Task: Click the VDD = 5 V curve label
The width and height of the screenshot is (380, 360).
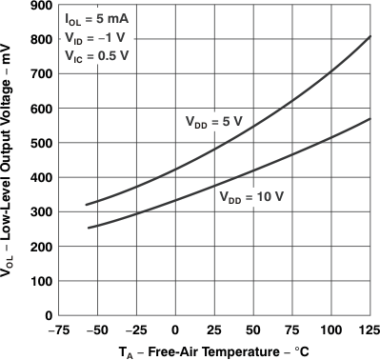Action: point(213,122)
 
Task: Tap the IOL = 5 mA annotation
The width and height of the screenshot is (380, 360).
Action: point(96,19)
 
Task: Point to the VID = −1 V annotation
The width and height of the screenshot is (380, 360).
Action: point(95,36)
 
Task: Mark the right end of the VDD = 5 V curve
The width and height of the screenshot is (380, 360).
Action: point(370,36)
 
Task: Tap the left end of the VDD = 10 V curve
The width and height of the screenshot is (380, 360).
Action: point(87,229)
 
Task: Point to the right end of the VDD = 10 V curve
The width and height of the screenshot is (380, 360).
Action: point(370,119)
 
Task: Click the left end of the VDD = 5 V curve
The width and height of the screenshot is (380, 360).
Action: point(87,205)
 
